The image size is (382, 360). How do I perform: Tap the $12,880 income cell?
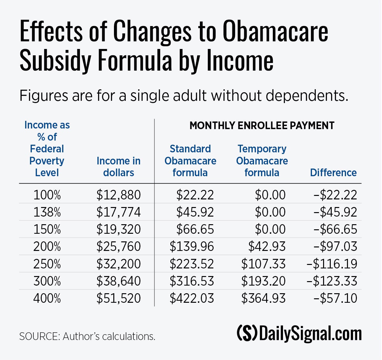pyautogui.click(x=118, y=195)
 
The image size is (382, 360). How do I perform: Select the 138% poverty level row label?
pyautogui.click(x=47, y=212)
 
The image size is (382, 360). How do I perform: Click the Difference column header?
pyautogui.click(x=333, y=173)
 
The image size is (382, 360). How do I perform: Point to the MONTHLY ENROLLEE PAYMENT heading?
pyautogui.click(x=262, y=126)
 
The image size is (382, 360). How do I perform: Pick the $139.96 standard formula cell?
pyautogui.click(x=192, y=246)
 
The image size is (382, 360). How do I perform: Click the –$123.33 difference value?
pyautogui.click(x=332, y=281)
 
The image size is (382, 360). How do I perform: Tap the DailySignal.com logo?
pyautogui.click(x=299, y=333)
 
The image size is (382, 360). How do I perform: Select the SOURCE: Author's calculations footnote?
pyautogui.click(x=87, y=336)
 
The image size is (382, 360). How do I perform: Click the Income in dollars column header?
pyautogui.click(x=118, y=167)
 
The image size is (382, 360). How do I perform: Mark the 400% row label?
pyautogui.click(x=47, y=298)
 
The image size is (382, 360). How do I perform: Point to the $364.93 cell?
pyautogui.click(x=263, y=298)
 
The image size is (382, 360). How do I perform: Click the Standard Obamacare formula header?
pyautogui.click(x=190, y=161)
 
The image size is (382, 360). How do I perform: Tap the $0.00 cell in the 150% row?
pyautogui.click(x=270, y=229)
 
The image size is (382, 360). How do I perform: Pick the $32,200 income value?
pyautogui.click(x=118, y=264)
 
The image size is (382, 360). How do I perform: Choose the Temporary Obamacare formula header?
pyautogui.click(x=262, y=161)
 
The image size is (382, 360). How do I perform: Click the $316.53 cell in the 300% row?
pyautogui.click(x=192, y=281)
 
